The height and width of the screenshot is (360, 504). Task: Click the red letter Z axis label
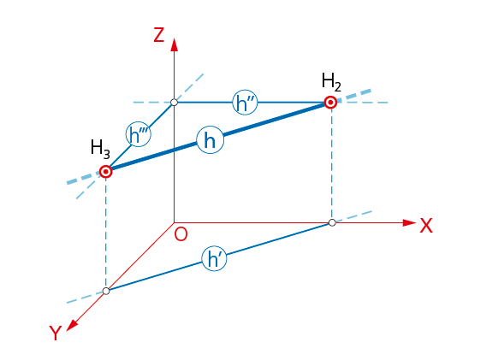(159, 35)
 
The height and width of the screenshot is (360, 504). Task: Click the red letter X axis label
(426, 226)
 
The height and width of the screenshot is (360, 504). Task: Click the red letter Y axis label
(56, 333)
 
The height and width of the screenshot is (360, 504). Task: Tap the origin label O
(181, 234)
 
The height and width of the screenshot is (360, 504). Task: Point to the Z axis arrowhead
(175, 44)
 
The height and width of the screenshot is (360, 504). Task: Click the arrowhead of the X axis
(410, 222)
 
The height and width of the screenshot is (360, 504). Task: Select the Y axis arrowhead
(72, 325)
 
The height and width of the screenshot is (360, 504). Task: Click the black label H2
(331, 81)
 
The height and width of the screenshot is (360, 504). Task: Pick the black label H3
(100, 149)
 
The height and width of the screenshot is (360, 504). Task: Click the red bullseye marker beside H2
(330, 103)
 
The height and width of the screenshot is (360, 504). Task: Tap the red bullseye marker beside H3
(106, 172)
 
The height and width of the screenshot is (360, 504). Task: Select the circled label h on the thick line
(210, 140)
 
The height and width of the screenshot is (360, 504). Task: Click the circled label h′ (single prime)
(215, 258)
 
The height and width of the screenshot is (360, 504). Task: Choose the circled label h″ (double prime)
(245, 103)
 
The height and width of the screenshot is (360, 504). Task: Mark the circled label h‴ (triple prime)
(139, 134)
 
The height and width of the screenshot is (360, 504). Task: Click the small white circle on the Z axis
(175, 103)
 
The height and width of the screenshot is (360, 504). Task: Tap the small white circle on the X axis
(332, 222)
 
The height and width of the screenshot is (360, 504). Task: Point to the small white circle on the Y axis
(106, 291)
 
